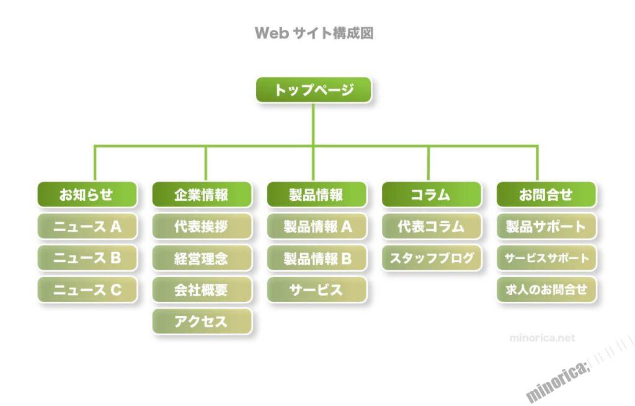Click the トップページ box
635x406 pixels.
tap(314, 90)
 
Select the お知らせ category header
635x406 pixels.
tap(87, 195)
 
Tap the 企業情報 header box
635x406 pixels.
tap(202, 195)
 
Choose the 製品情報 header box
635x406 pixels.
tap(317, 195)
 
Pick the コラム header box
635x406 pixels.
tap(432, 195)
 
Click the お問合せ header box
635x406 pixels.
tap(546, 195)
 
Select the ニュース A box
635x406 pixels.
tap(87, 226)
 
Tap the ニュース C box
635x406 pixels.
tap(87, 289)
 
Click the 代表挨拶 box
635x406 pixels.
tap(202, 226)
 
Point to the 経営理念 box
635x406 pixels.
tap(202, 258)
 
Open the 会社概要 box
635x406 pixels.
tap(202, 289)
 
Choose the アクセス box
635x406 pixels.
tap(202, 321)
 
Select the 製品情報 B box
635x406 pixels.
tap(317, 258)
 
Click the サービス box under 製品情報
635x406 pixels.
tap(317, 289)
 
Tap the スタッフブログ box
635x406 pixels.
tap(432, 258)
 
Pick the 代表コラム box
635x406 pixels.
tap(432, 226)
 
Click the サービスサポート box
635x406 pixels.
tap(546, 258)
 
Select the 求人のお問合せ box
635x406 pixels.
tap(546, 289)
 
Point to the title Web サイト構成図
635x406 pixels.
tap(314, 33)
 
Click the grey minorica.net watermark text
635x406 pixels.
tap(542, 338)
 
